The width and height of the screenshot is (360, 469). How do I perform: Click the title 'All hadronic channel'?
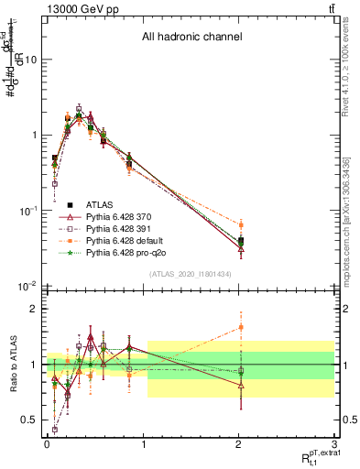(x=191, y=38)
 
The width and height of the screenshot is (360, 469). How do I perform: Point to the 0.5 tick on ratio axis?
(x=29, y=420)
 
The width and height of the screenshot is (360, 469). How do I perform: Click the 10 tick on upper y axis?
(x=28, y=60)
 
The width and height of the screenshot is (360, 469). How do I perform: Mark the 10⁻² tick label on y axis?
(x=27, y=286)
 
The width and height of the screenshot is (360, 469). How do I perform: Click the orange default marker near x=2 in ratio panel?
(x=241, y=327)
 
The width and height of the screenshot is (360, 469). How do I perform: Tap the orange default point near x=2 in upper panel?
(x=241, y=224)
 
